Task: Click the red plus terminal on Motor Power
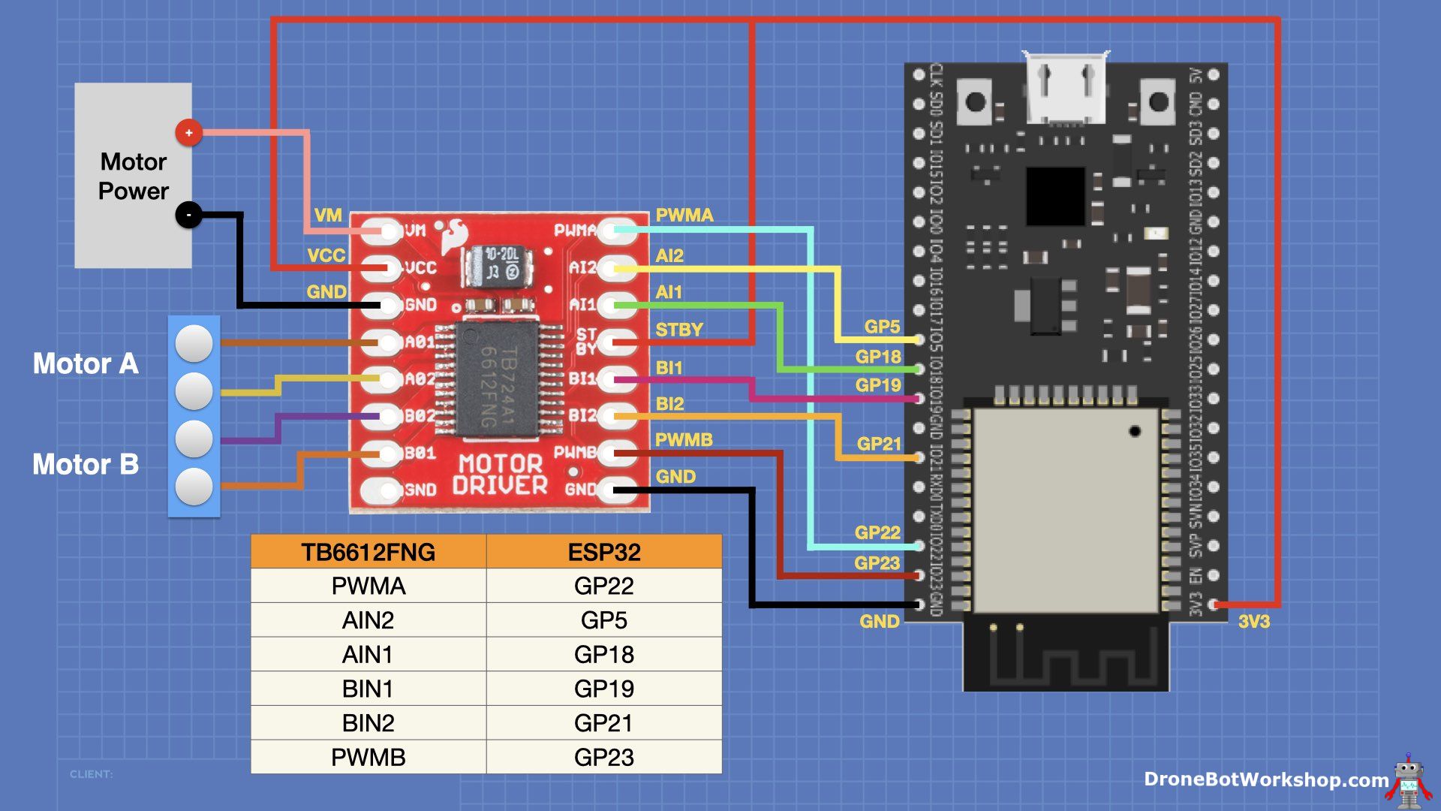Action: coord(188,133)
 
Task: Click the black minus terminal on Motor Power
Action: coord(188,216)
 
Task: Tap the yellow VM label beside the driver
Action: coord(328,216)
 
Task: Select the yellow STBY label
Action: coord(679,330)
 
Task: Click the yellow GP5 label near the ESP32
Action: coord(881,327)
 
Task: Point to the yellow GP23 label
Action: coord(877,563)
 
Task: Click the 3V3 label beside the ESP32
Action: coord(1253,622)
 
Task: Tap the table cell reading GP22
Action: coord(603,586)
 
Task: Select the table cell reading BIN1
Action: coord(368,689)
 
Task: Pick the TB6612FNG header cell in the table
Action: coord(368,552)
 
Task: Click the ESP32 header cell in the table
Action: coord(603,552)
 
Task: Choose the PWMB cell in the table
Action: coord(368,757)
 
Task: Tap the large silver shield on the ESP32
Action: coord(1065,511)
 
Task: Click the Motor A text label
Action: coord(86,364)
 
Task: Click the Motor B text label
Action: coord(86,465)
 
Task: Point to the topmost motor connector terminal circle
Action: coord(194,343)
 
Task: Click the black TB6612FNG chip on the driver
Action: coord(498,379)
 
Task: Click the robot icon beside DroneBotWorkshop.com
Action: coord(1409,781)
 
